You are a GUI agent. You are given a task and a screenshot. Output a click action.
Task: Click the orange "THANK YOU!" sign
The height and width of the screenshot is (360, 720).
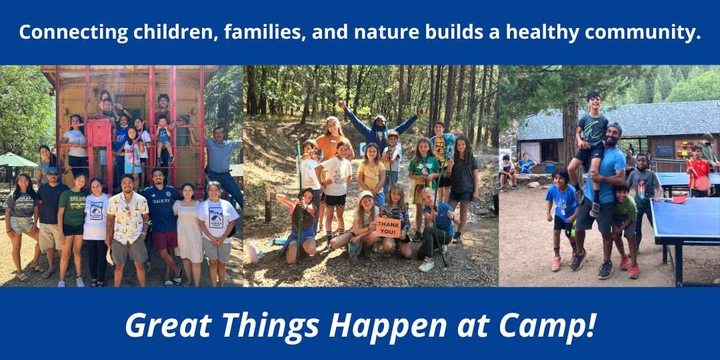389,227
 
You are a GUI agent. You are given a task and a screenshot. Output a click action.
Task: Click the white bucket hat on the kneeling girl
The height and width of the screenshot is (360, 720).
367,195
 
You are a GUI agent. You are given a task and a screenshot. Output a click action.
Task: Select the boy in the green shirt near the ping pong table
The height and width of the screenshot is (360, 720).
625,220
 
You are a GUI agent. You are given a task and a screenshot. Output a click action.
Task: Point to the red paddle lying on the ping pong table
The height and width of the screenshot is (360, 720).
679,199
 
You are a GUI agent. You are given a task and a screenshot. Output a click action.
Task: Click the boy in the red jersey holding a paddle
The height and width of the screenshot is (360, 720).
698,170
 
